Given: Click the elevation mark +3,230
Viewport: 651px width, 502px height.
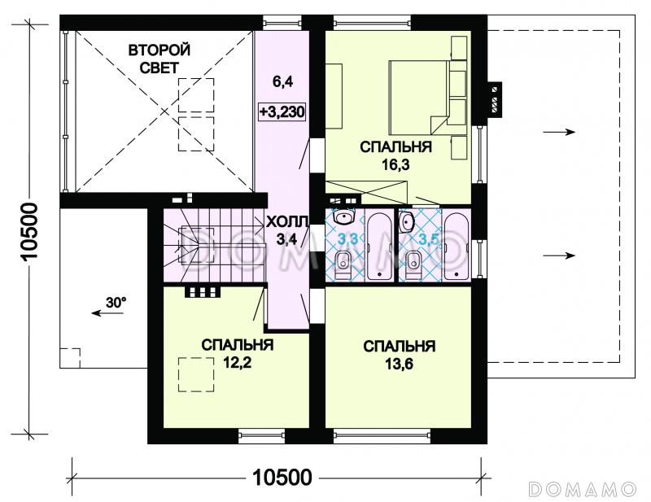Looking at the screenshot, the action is pyautogui.click(x=282, y=111).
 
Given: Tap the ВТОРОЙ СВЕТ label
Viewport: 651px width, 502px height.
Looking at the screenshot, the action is pyautogui.click(x=159, y=59).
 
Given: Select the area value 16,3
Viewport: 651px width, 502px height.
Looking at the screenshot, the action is pyautogui.click(x=395, y=165).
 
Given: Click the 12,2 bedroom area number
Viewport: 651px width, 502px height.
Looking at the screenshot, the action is pyautogui.click(x=238, y=364).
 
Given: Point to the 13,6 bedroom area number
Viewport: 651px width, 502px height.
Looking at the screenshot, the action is pyautogui.click(x=399, y=364).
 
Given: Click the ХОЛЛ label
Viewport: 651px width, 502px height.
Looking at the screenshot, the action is pyautogui.click(x=287, y=222).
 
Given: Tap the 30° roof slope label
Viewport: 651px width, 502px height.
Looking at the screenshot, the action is pyautogui.click(x=116, y=303).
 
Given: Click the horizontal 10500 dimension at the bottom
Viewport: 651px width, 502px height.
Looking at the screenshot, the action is pyautogui.click(x=282, y=478).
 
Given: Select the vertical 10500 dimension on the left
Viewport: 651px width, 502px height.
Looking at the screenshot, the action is pyautogui.click(x=28, y=231).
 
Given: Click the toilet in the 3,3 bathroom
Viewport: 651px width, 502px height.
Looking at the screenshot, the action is pyautogui.click(x=343, y=264).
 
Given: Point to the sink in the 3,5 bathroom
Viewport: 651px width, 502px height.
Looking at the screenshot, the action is pyautogui.click(x=406, y=221).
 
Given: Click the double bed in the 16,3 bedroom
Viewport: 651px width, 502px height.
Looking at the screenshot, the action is pyautogui.click(x=419, y=97).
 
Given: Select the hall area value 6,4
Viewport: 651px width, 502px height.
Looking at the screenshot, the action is pyautogui.click(x=282, y=82).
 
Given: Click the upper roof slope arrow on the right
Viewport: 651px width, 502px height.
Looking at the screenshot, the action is pyautogui.click(x=559, y=132).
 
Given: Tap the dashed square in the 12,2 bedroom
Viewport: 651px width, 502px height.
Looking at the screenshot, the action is pyautogui.click(x=196, y=375).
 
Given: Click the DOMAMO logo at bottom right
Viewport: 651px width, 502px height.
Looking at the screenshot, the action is pyautogui.click(x=583, y=489).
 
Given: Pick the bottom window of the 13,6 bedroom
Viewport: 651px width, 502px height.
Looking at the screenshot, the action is pyautogui.click(x=382, y=435).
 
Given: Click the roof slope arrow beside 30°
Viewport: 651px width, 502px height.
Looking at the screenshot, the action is pyautogui.click(x=107, y=312).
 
